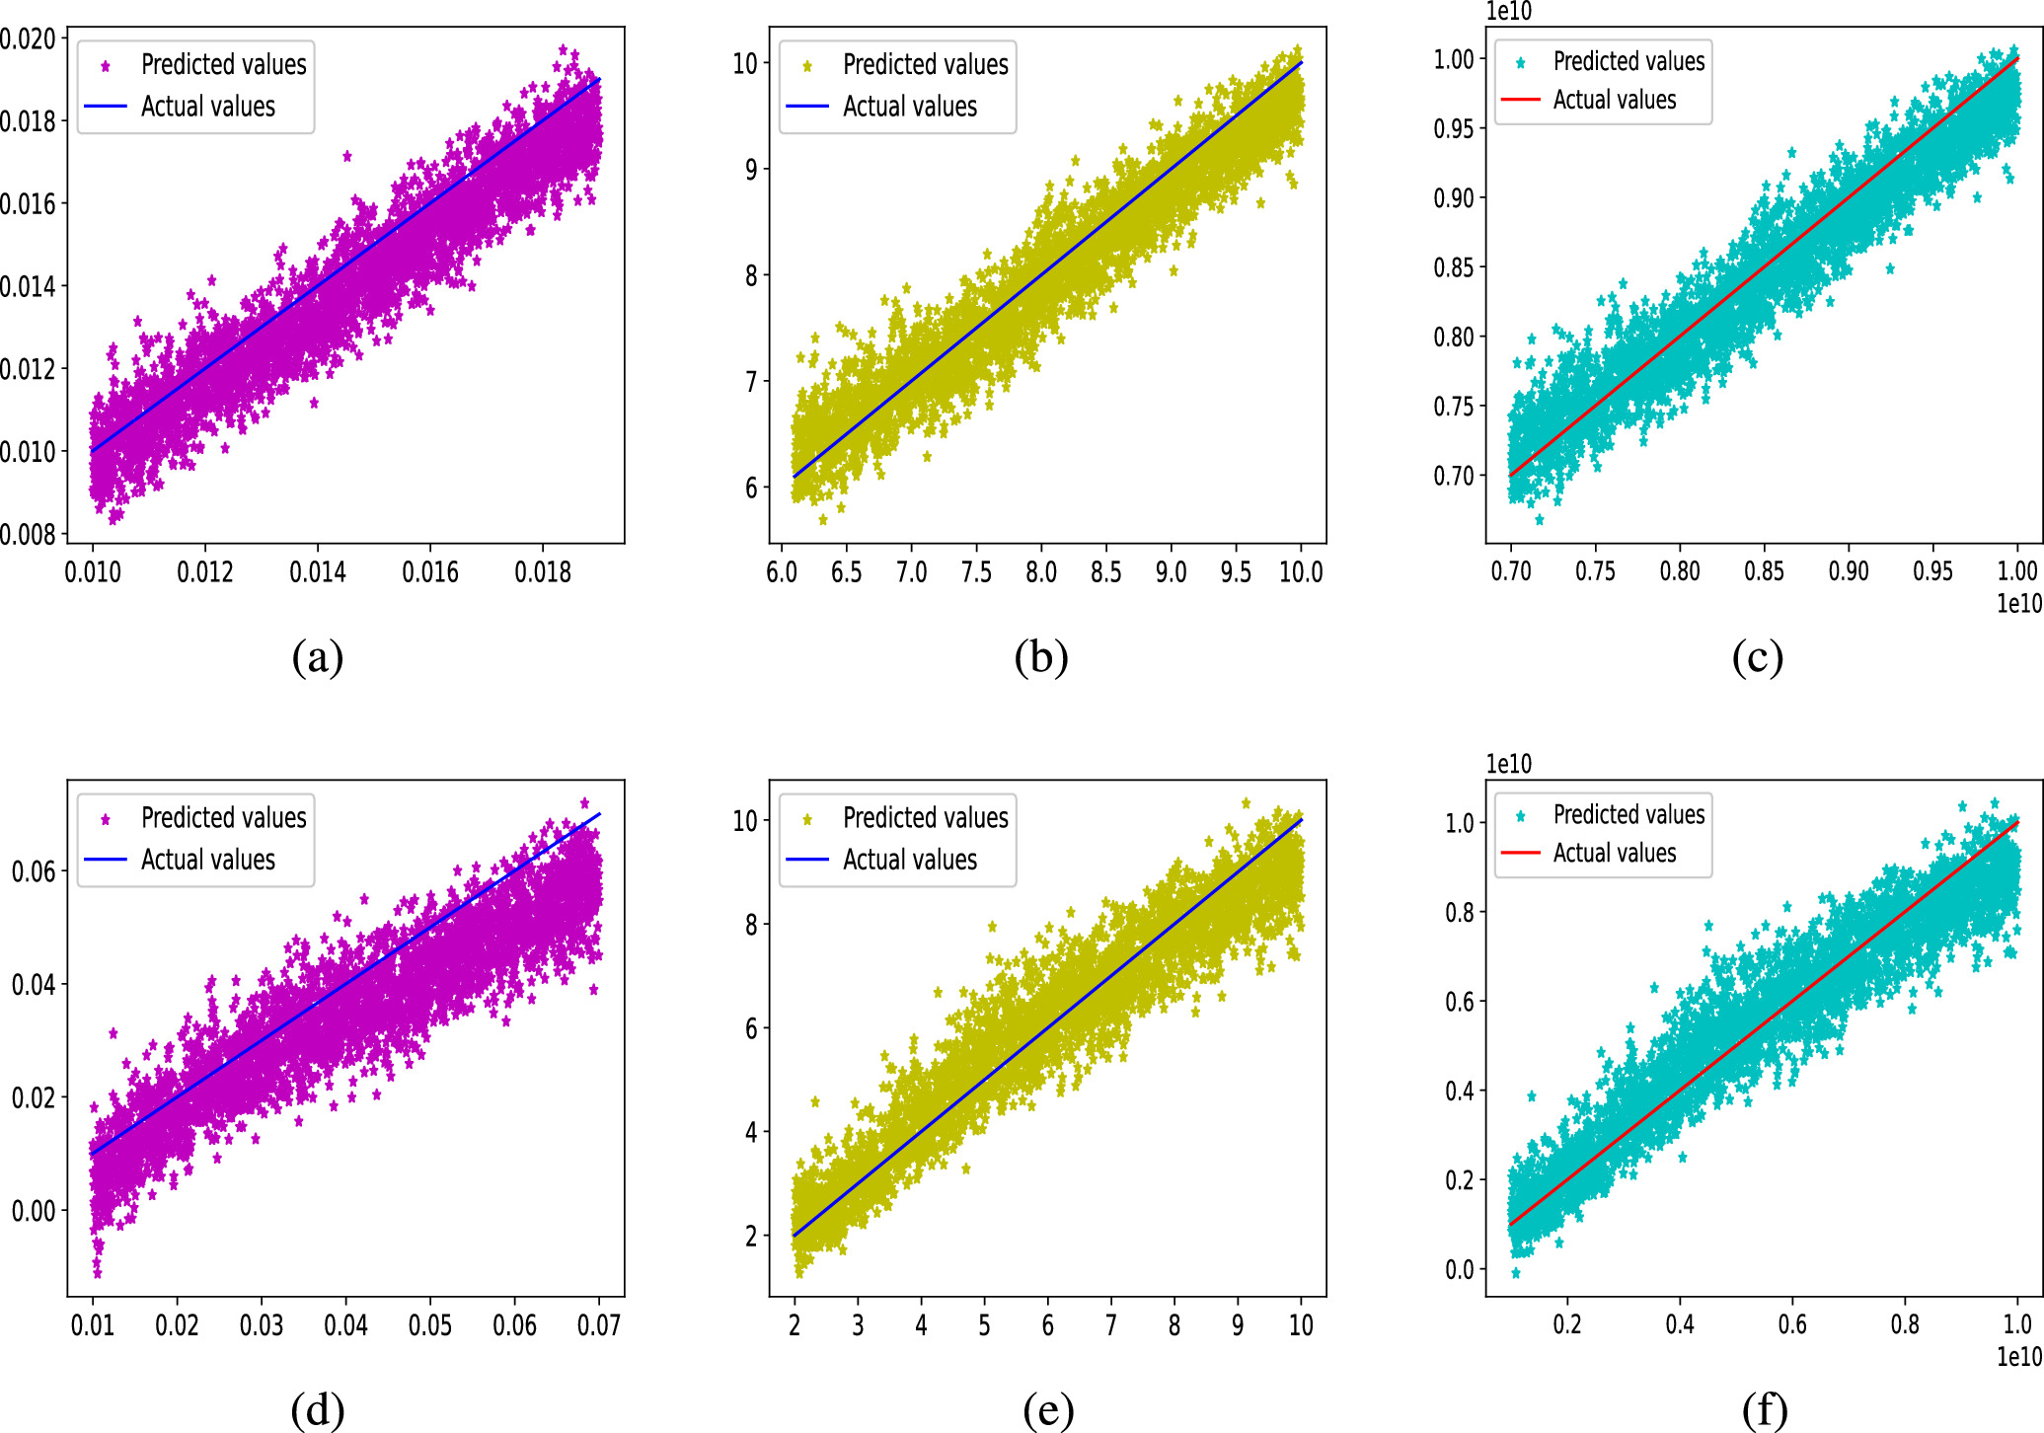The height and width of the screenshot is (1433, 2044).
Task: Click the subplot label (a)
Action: pos(318,657)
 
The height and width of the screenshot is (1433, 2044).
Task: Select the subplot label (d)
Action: pos(318,1410)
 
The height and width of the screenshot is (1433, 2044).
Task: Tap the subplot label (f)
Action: pos(1765,1410)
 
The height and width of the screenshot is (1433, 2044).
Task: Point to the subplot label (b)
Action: pos(1041,657)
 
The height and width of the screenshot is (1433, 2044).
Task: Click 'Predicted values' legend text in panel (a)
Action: pos(224,65)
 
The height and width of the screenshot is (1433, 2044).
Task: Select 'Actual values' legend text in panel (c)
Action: pos(1615,100)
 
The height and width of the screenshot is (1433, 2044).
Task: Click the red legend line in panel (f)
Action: pos(1520,852)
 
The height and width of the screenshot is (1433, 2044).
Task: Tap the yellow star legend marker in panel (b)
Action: pos(807,66)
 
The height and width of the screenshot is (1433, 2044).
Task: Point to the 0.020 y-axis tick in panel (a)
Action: pos(30,38)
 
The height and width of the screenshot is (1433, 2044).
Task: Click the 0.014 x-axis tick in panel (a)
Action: pos(318,571)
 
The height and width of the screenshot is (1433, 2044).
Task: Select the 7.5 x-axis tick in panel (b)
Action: pos(976,571)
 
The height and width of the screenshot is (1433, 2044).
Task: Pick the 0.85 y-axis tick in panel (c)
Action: pos(1454,267)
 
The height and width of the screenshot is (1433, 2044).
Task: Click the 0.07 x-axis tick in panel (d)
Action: pos(599,1324)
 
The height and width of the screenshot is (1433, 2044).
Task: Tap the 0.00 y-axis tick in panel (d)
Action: pos(35,1211)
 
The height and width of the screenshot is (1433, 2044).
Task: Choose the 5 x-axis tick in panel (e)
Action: pos(984,1324)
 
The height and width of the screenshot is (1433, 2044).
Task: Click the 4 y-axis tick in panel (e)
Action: pos(751,1132)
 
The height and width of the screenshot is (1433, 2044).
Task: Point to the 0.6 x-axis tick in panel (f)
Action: pos(1792,1324)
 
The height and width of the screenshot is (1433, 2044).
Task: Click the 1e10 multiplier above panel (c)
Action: pos(1509,11)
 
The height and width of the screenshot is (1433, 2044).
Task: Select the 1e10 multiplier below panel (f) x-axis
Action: pos(2019,1356)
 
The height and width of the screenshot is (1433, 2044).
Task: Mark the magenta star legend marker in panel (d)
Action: pos(106,819)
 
